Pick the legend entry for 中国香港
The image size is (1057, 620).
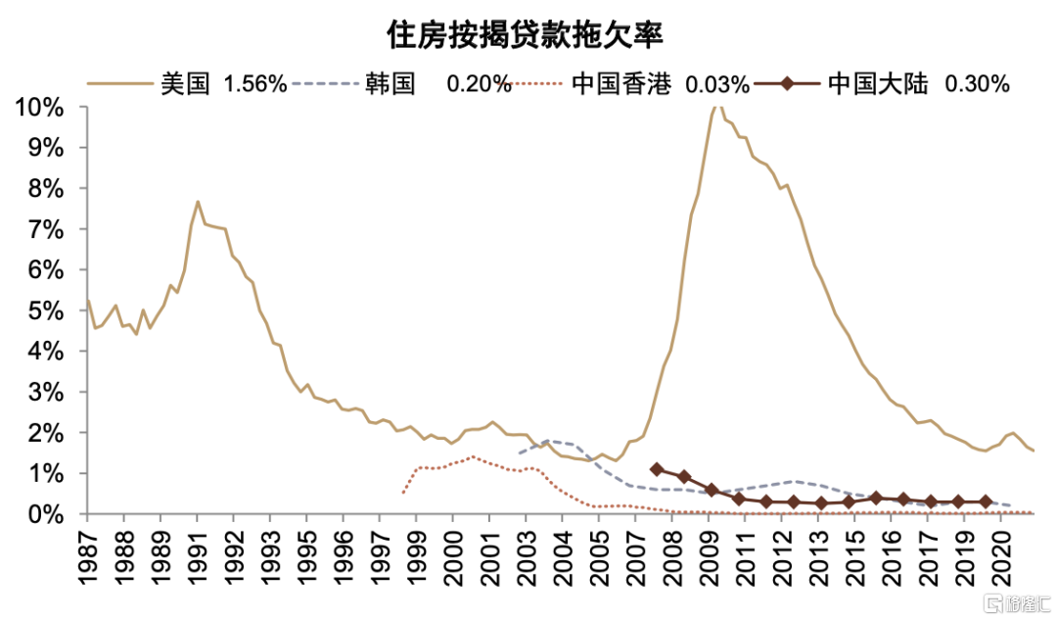[620, 84]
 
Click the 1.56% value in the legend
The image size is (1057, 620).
[255, 84]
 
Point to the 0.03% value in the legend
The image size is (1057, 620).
[717, 84]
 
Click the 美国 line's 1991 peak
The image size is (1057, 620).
[198, 202]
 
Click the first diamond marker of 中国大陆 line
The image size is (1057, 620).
[657, 470]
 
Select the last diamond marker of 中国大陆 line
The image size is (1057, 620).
[986, 501]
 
